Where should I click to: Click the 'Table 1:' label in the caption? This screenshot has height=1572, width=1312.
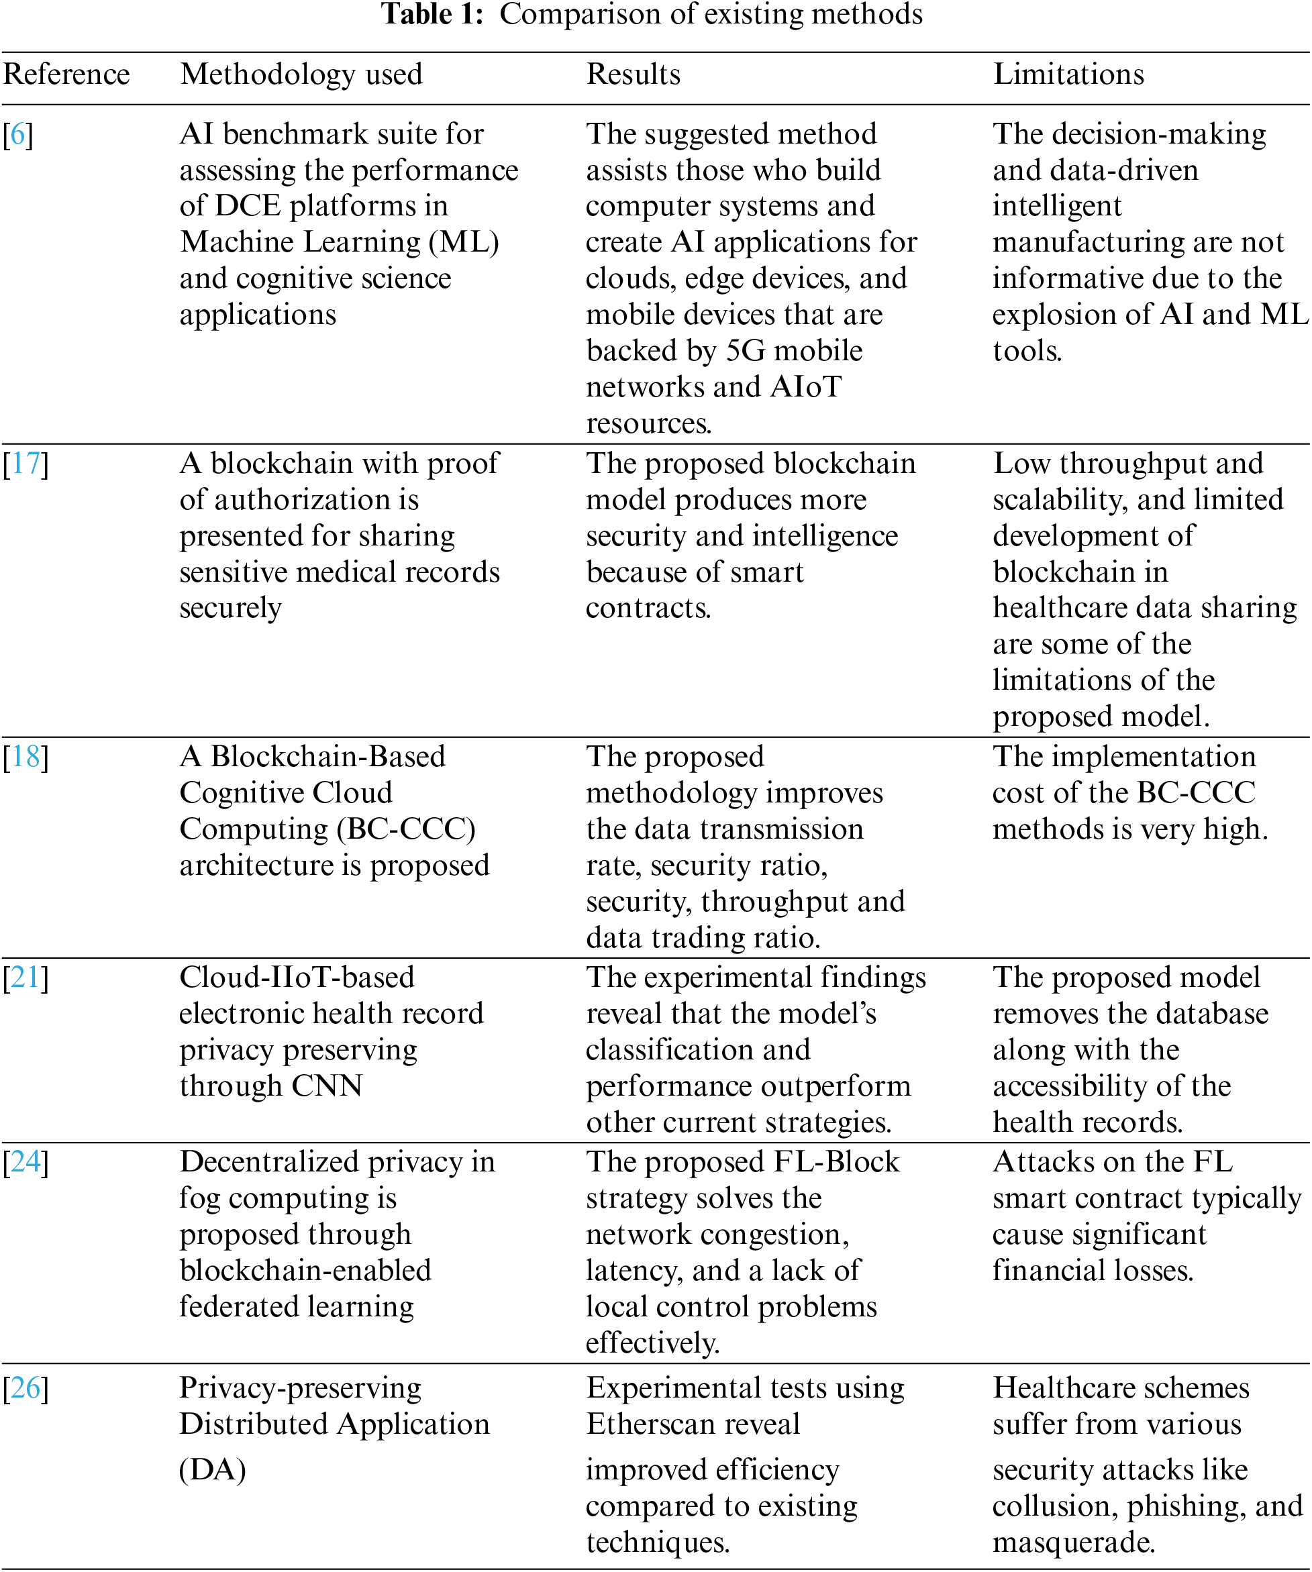[x=432, y=14]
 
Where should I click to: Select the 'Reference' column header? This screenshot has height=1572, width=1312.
[x=66, y=74]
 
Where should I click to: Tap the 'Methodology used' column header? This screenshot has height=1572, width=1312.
[x=301, y=74]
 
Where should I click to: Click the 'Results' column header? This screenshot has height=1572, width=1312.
[x=633, y=74]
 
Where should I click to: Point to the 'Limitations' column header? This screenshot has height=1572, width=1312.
[x=1068, y=74]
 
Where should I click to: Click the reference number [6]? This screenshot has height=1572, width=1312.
[x=18, y=135]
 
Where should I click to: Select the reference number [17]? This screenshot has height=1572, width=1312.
[x=26, y=464]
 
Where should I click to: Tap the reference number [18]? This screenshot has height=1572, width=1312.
[x=26, y=757]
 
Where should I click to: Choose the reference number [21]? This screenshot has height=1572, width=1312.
[x=26, y=978]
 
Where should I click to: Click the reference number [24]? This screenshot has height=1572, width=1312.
[x=26, y=1162]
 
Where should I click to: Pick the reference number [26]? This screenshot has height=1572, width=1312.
[x=26, y=1388]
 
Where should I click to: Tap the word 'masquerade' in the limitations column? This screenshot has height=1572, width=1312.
[x=1072, y=1542]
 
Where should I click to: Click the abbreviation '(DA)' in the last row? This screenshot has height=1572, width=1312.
[x=213, y=1469]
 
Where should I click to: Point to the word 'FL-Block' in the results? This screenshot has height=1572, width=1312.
[x=836, y=1162]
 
